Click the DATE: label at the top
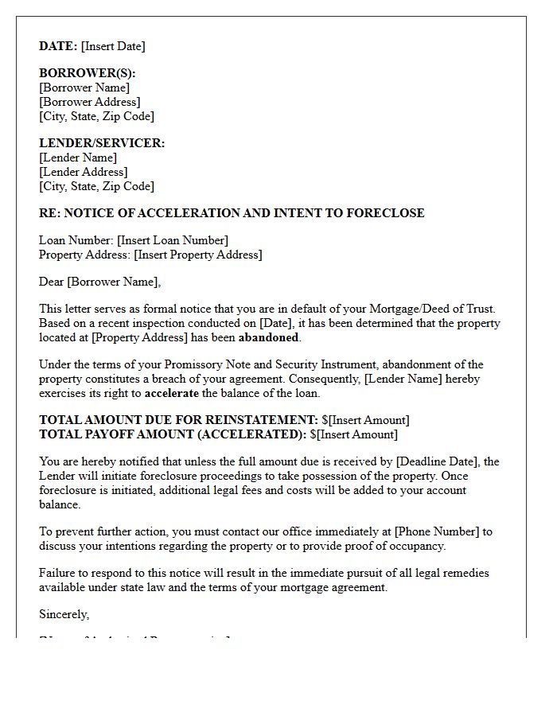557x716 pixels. (x=58, y=46)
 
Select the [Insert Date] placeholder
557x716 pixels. (x=113, y=46)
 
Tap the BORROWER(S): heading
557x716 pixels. (x=88, y=73)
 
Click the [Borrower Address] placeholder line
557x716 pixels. (x=89, y=102)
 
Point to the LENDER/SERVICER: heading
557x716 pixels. (x=102, y=143)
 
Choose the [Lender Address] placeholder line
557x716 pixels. (x=83, y=172)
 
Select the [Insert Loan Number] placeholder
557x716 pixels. (x=173, y=240)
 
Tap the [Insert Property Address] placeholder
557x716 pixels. (x=198, y=255)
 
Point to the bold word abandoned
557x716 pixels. (x=268, y=337)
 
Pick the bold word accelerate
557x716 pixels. (x=172, y=393)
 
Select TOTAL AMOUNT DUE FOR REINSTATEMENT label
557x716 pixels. (x=178, y=420)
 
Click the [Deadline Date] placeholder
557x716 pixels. (x=438, y=461)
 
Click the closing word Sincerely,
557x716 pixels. (x=64, y=614)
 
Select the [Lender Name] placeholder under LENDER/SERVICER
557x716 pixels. (x=78, y=158)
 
